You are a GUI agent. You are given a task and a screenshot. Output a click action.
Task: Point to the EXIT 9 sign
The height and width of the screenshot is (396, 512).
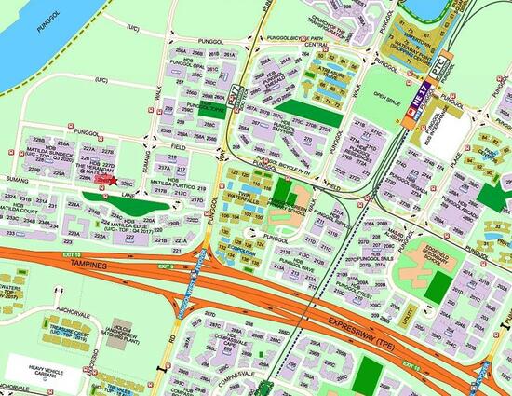click(166, 266)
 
